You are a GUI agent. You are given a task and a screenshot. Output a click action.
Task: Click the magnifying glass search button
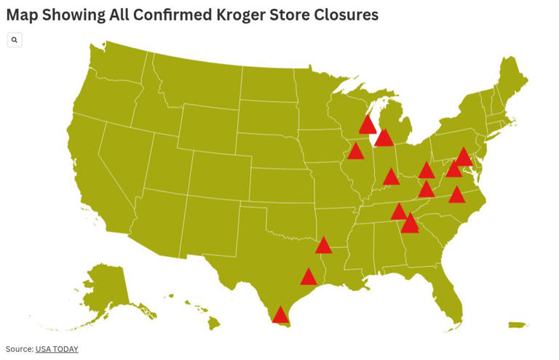(x=15, y=40)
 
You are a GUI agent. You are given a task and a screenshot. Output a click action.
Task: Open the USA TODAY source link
(x=57, y=349)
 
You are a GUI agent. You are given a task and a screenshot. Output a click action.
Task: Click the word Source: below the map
(x=19, y=349)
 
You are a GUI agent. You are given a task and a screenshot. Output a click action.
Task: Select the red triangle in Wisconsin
(x=368, y=125)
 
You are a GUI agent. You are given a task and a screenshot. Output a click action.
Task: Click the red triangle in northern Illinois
(x=356, y=151)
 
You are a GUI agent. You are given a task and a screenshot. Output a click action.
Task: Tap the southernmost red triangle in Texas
(x=279, y=315)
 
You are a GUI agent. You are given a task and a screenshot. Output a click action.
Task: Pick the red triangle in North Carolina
(x=456, y=195)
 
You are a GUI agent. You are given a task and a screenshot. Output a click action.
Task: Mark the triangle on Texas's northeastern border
(x=324, y=246)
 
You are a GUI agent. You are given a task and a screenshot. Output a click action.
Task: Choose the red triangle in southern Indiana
(x=391, y=177)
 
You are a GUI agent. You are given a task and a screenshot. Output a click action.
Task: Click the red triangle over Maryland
(x=464, y=156)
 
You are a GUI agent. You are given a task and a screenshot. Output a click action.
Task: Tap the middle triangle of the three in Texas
(x=309, y=277)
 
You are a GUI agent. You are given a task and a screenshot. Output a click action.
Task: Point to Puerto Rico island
(x=518, y=325)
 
